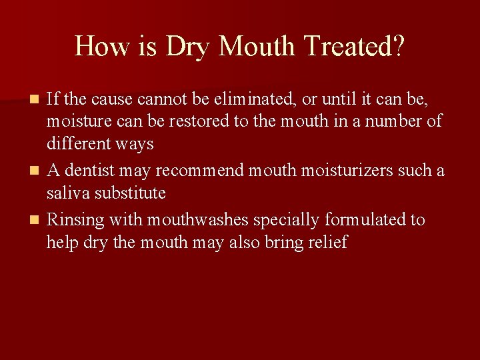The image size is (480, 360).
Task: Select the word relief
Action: click(330, 242)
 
